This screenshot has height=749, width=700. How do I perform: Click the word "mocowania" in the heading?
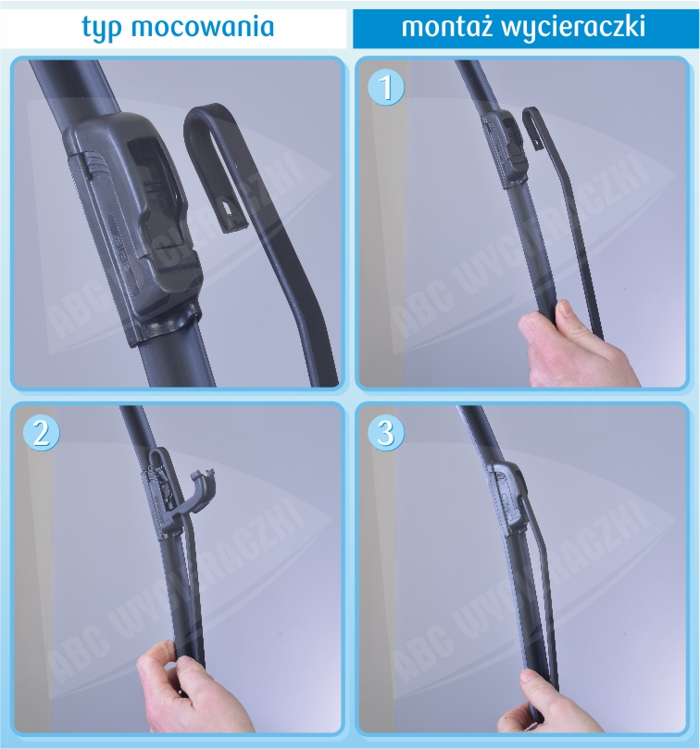point(203,26)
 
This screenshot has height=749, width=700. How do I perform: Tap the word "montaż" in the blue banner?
point(447,26)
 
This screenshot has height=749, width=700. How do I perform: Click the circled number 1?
point(386,87)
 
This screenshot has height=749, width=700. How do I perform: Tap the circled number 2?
point(42,433)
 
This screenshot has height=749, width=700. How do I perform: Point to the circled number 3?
point(386,433)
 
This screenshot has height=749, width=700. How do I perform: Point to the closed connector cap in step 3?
point(506,494)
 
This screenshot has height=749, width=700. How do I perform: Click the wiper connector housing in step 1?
point(504,148)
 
